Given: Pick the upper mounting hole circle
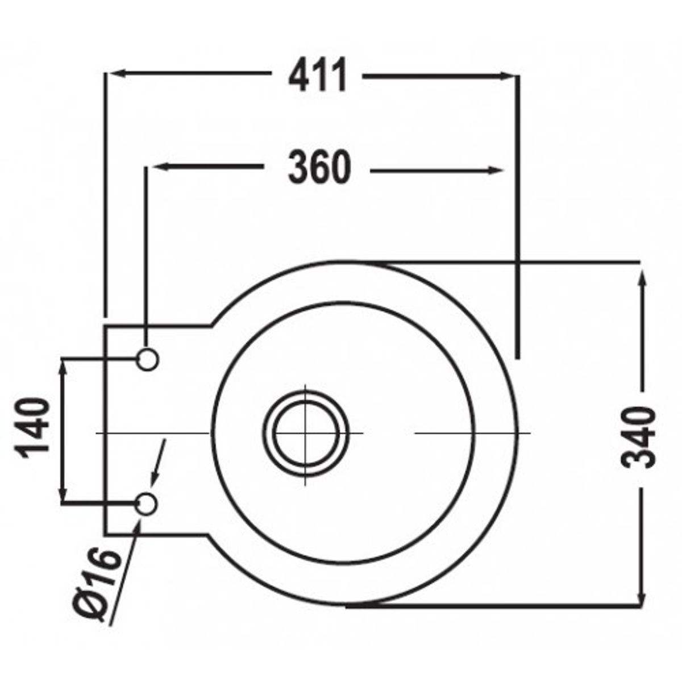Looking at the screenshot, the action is coord(147,359).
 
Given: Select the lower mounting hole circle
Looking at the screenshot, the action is coord(147,504).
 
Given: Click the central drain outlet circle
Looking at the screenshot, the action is coord(306,433).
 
